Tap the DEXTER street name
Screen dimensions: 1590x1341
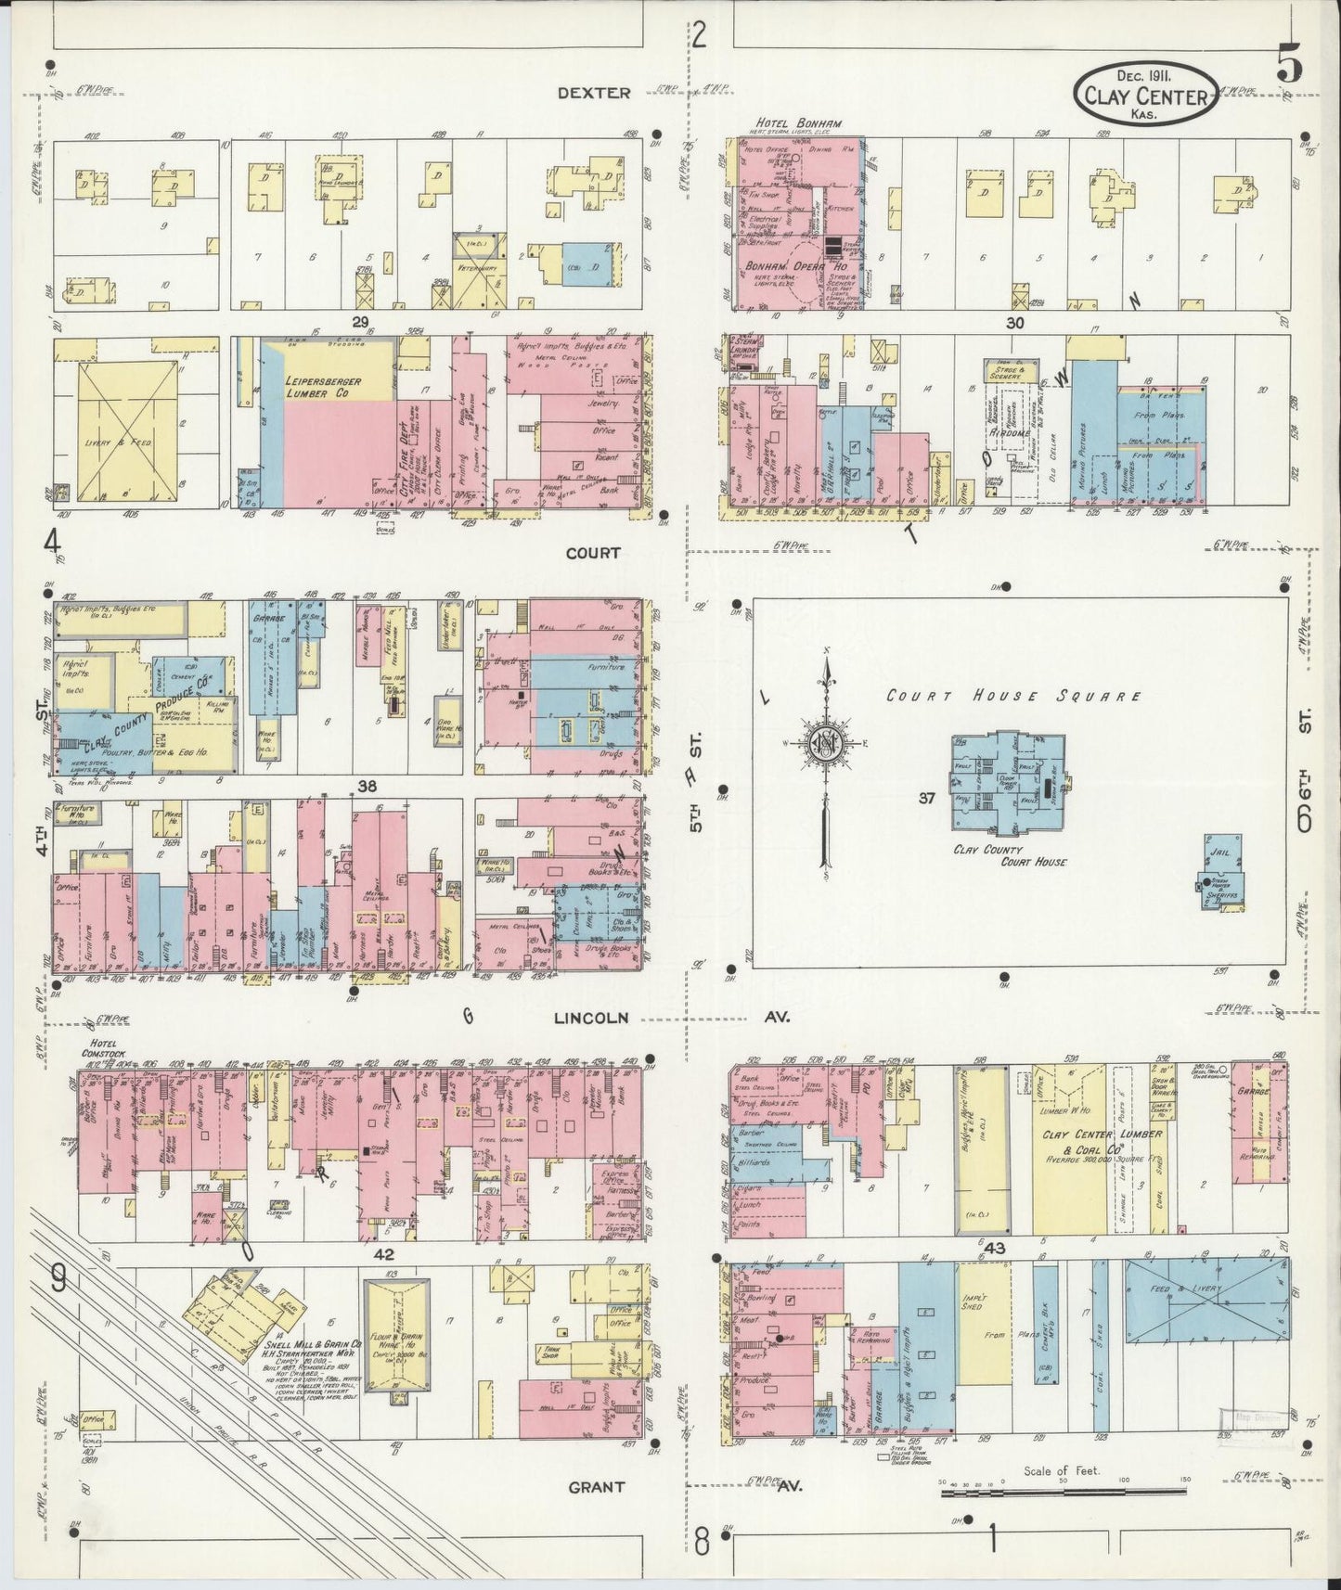tap(594, 93)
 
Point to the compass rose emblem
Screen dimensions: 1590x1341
tap(824, 745)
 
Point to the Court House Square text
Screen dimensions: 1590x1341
tap(1012, 696)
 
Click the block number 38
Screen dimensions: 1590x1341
tap(367, 787)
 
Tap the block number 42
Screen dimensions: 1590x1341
tap(383, 1252)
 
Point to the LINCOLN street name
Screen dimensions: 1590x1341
tap(591, 1018)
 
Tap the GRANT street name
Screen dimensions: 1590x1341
tap(596, 1487)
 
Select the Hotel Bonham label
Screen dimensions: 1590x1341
tap(785, 122)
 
